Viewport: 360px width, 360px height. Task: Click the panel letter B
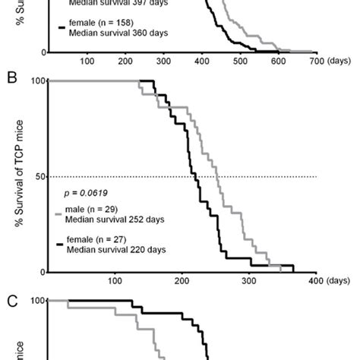coord(10,77)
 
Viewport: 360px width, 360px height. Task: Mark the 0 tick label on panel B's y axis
coord(42,272)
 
